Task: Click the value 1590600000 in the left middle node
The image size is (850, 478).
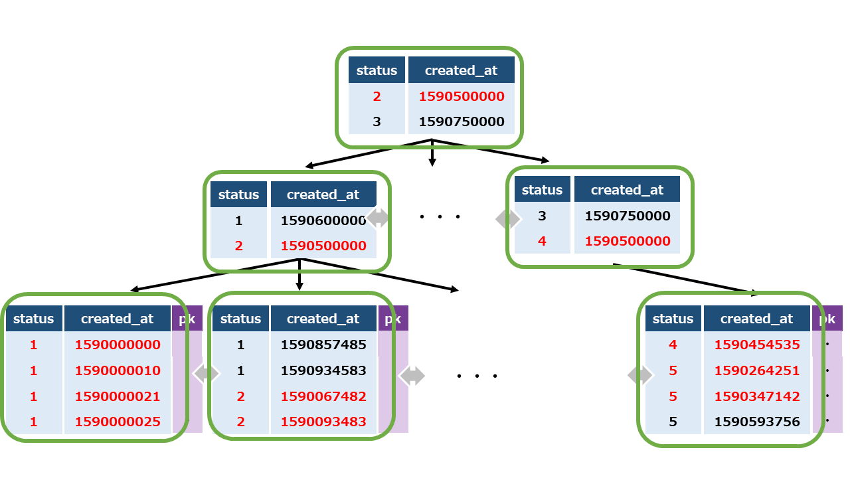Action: (x=323, y=220)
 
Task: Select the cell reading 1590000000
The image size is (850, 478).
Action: (x=118, y=345)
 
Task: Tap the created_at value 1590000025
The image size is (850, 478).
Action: (x=118, y=422)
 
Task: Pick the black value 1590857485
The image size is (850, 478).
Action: (x=323, y=345)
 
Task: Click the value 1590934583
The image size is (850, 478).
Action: (x=323, y=370)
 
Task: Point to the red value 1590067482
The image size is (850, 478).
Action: (x=323, y=396)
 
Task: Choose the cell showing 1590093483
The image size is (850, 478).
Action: (x=323, y=422)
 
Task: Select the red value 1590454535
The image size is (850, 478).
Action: (x=757, y=345)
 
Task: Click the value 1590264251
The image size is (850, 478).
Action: (x=757, y=370)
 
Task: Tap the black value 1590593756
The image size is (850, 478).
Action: (x=757, y=422)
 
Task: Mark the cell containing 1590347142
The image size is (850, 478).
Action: (x=757, y=396)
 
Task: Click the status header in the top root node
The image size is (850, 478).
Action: (x=377, y=70)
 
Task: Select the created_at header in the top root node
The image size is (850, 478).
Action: (x=461, y=70)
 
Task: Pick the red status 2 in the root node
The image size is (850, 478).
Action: (x=377, y=96)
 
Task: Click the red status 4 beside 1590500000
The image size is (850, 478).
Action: (x=542, y=241)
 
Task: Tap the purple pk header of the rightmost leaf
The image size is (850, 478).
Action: (x=827, y=319)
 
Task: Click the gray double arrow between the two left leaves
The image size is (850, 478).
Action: (x=205, y=374)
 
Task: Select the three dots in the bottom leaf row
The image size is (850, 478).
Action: (x=477, y=376)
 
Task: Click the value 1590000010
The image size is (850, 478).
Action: (x=118, y=370)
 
